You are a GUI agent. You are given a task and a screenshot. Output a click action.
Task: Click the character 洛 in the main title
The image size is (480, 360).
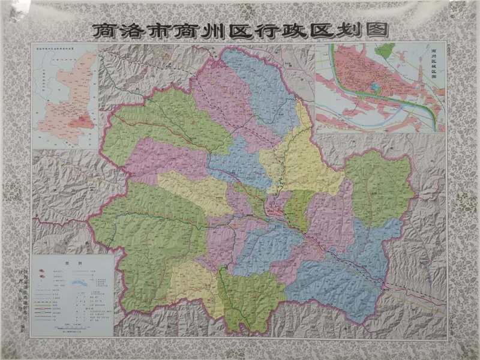[135, 29]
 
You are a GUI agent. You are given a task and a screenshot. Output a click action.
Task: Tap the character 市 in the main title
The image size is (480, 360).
[167, 29]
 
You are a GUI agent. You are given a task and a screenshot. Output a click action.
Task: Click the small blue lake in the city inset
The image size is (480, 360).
[376, 88]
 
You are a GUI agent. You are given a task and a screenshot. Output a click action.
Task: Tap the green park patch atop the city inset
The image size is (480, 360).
[388, 49]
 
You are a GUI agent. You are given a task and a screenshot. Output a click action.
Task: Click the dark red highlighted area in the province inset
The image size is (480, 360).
[81, 122]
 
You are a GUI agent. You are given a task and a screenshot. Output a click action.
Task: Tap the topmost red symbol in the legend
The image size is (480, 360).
[44, 271]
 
